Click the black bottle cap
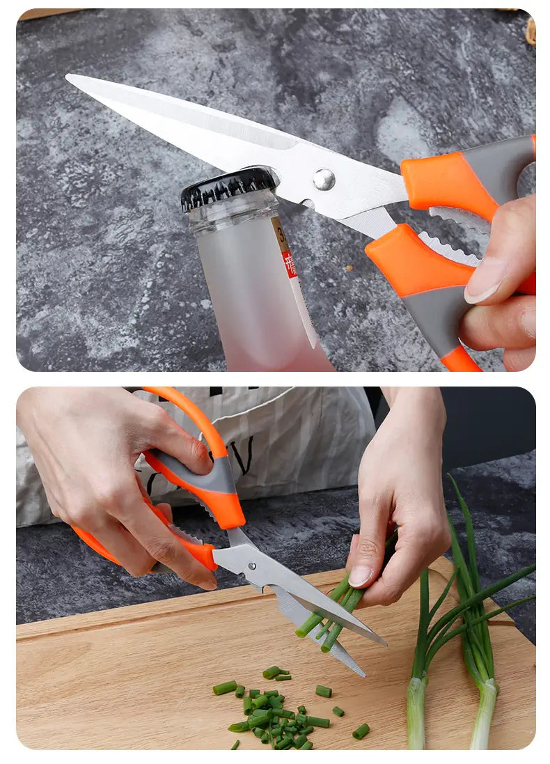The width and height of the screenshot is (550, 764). (x=228, y=187)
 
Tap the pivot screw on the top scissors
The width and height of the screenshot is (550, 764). (x=323, y=179)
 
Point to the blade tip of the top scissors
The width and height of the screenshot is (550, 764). (x=70, y=77)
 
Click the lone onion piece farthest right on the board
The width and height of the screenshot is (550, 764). (x=361, y=731)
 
